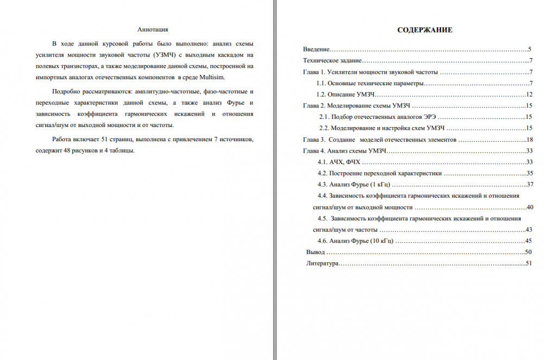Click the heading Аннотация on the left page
click(x=153, y=29)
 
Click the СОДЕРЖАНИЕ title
click(x=425, y=30)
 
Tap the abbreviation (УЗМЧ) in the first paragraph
click(x=164, y=54)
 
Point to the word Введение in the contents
click(x=317, y=49)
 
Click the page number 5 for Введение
click(x=529, y=49)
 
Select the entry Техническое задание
click(x=332, y=60)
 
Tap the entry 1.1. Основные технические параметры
click(x=370, y=83)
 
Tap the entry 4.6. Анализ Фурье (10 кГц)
click(x=355, y=241)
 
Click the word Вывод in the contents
click(x=315, y=252)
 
